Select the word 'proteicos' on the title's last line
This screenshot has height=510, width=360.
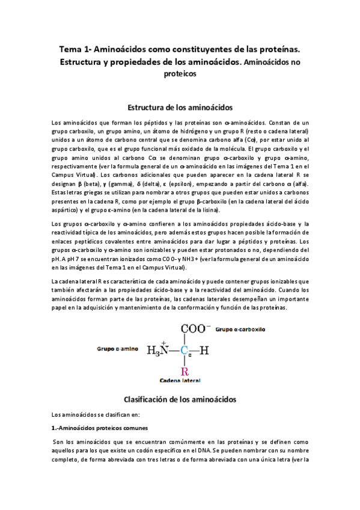coord(180,75)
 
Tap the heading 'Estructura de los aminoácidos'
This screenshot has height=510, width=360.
coord(180,108)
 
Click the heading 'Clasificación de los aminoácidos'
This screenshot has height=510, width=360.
coord(180,399)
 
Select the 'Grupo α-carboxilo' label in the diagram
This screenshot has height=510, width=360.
coord(241,330)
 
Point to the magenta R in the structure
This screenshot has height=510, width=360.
coord(185,370)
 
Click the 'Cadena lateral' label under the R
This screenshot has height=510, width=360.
coord(180,381)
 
